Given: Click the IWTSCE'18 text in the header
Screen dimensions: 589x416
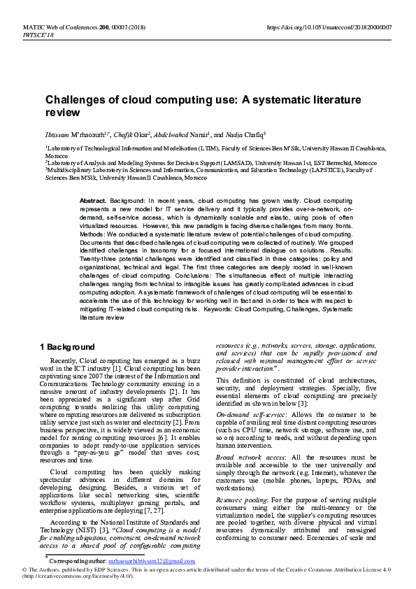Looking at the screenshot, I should click(38, 34).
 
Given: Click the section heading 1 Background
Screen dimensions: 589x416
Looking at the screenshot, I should click(66, 347).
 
